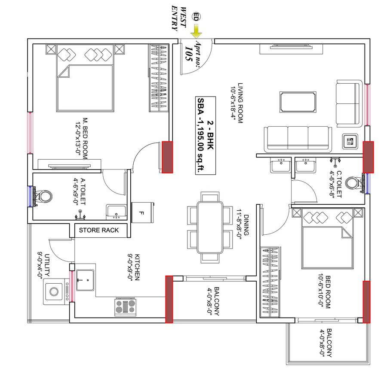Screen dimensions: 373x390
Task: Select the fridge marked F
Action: pyautogui.click(x=142, y=212)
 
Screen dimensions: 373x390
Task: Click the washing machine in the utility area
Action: pyautogui.click(x=55, y=291)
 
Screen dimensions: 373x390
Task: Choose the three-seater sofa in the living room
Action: pyautogui.click(x=297, y=138)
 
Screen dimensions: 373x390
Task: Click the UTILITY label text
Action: pyautogui.click(x=46, y=266)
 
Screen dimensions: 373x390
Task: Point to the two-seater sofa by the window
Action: pyautogui.click(x=348, y=103)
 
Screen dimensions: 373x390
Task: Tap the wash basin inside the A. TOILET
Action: pyautogui.click(x=116, y=211)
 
